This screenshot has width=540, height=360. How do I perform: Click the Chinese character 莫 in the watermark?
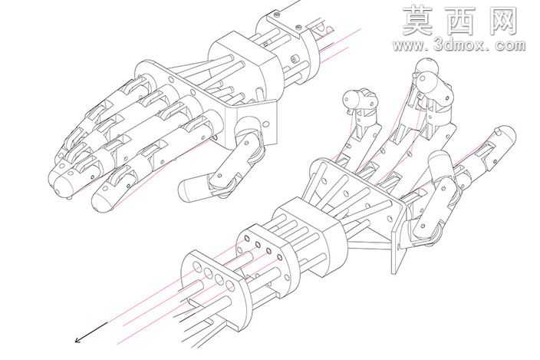418,21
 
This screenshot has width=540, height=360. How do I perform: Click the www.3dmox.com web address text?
459,45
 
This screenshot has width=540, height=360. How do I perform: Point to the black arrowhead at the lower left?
77,340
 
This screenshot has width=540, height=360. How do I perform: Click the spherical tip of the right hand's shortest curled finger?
350,99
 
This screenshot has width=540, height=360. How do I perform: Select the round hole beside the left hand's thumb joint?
266,124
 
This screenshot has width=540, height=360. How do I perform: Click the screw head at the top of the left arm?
276,15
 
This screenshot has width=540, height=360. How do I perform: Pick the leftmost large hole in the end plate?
198,266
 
